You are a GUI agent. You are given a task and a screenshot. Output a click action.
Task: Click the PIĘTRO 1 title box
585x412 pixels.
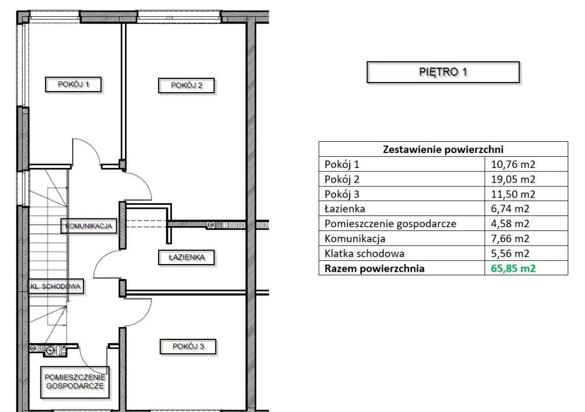pos(443,72)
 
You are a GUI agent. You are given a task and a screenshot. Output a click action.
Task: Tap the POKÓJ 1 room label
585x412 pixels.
pos(73,84)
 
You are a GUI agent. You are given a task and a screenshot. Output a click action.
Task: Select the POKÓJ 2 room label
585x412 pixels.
pos(186,85)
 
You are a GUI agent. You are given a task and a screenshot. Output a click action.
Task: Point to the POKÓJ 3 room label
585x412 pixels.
pos(187,346)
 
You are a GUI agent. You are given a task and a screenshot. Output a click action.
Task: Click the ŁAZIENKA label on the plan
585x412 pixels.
pos(185,257)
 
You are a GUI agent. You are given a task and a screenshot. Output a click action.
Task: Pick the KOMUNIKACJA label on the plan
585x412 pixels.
pos(92,225)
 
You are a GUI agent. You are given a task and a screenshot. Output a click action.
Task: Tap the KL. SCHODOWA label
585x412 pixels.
pos(56,287)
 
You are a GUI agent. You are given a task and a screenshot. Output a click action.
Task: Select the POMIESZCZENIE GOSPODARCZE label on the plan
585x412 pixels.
pos(75,381)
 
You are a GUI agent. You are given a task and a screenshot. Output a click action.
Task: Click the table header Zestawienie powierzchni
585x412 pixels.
pos(443,149)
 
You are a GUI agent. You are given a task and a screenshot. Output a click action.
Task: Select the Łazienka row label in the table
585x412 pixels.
pos(344,209)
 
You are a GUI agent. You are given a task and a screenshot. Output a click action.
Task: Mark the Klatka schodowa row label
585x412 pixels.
pos(364,253)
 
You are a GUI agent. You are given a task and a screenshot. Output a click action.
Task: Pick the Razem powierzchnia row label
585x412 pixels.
pos(375,268)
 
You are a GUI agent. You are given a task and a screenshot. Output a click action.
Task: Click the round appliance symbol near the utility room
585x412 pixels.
pos(50,350)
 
